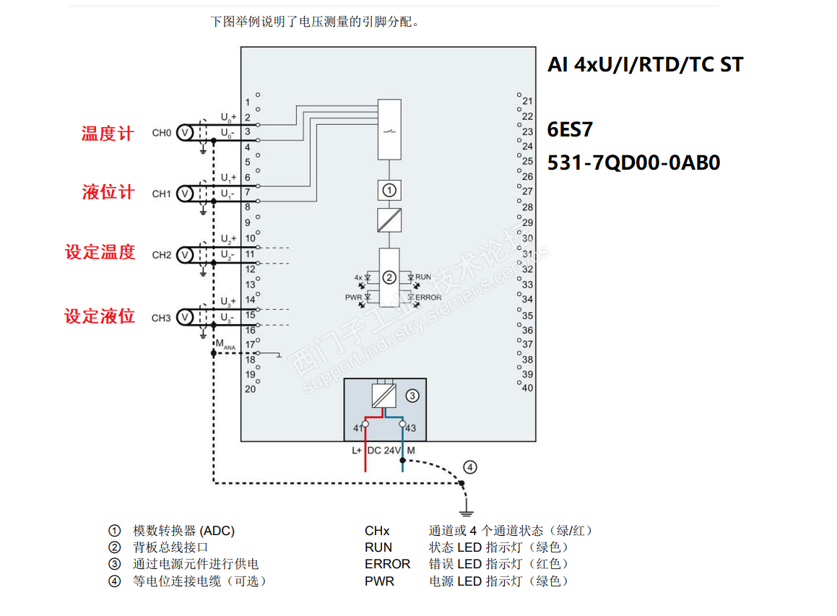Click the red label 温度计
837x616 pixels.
[x=108, y=134]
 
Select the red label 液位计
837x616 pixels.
[x=108, y=192]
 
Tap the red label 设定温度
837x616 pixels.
[x=100, y=252]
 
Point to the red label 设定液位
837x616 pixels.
[x=100, y=316]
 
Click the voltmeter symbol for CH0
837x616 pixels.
[x=184, y=133]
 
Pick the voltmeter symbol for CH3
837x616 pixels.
[x=184, y=317]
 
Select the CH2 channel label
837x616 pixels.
[x=161, y=255]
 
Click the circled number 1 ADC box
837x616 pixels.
[x=389, y=191]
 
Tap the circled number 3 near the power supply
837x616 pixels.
[x=412, y=395]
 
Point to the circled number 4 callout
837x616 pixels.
[x=470, y=467]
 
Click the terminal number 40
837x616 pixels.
[x=527, y=388]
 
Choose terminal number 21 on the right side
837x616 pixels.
[x=527, y=101]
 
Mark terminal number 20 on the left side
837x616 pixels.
[x=250, y=389]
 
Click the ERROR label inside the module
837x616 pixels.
[x=428, y=297]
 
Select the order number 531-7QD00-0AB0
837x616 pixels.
[x=633, y=162]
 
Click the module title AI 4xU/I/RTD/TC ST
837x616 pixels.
[x=645, y=65]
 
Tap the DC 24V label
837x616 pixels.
[x=384, y=450]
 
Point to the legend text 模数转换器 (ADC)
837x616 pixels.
[x=183, y=531]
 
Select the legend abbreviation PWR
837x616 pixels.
[x=379, y=581]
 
